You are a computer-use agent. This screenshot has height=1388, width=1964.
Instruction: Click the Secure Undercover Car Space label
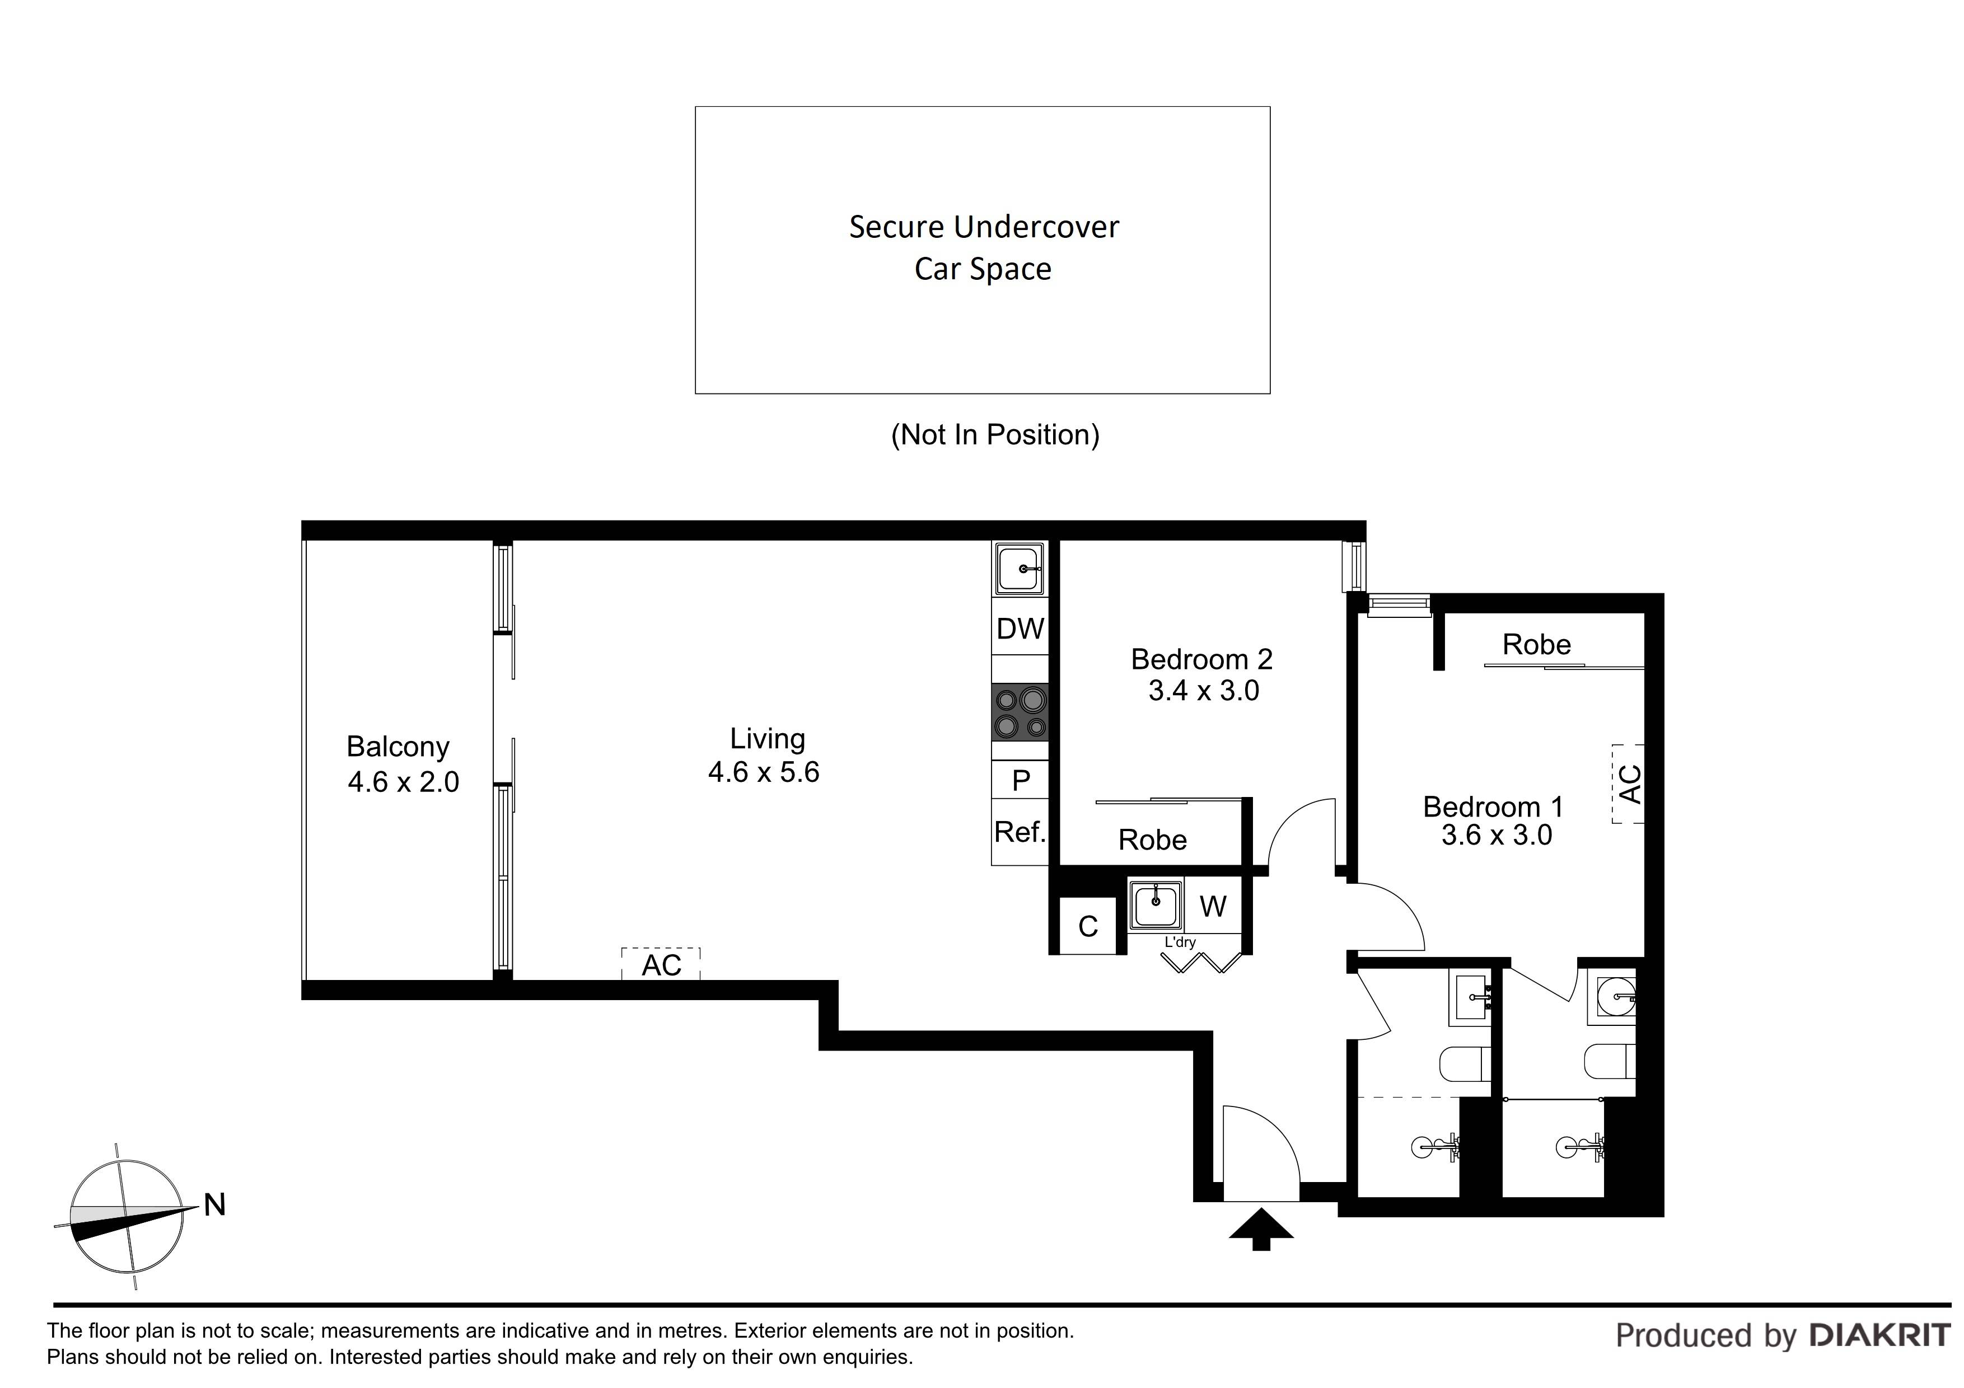point(983,247)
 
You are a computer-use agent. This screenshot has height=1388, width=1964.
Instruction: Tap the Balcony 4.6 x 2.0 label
point(402,764)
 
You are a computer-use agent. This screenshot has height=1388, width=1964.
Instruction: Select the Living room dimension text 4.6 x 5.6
point(764,772)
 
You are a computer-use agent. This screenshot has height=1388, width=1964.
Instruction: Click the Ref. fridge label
point(1020,831)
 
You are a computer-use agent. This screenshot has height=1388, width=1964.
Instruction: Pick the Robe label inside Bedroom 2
point(1152,840)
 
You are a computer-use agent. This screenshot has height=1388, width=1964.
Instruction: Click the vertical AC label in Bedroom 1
point(1630,784)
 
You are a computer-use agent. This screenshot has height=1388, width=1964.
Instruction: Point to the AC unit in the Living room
point(661,965)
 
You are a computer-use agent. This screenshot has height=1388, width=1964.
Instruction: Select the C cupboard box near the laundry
point(1088,926)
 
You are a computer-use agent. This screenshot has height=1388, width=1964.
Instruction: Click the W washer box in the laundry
point(1213,907)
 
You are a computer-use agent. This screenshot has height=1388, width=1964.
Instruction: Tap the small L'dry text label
point(1180,942)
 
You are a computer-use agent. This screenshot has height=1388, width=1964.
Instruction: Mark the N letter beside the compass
point(214,1205)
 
